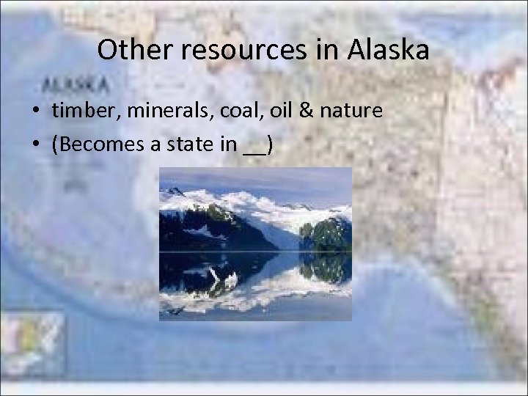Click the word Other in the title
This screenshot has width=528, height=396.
pos(126,50)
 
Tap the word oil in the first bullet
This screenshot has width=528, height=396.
pos(279,111)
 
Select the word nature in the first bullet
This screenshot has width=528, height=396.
pos(352,111)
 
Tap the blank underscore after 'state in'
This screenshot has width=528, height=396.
pos(254,149)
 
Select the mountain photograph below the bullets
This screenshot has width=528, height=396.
pos(255,243)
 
